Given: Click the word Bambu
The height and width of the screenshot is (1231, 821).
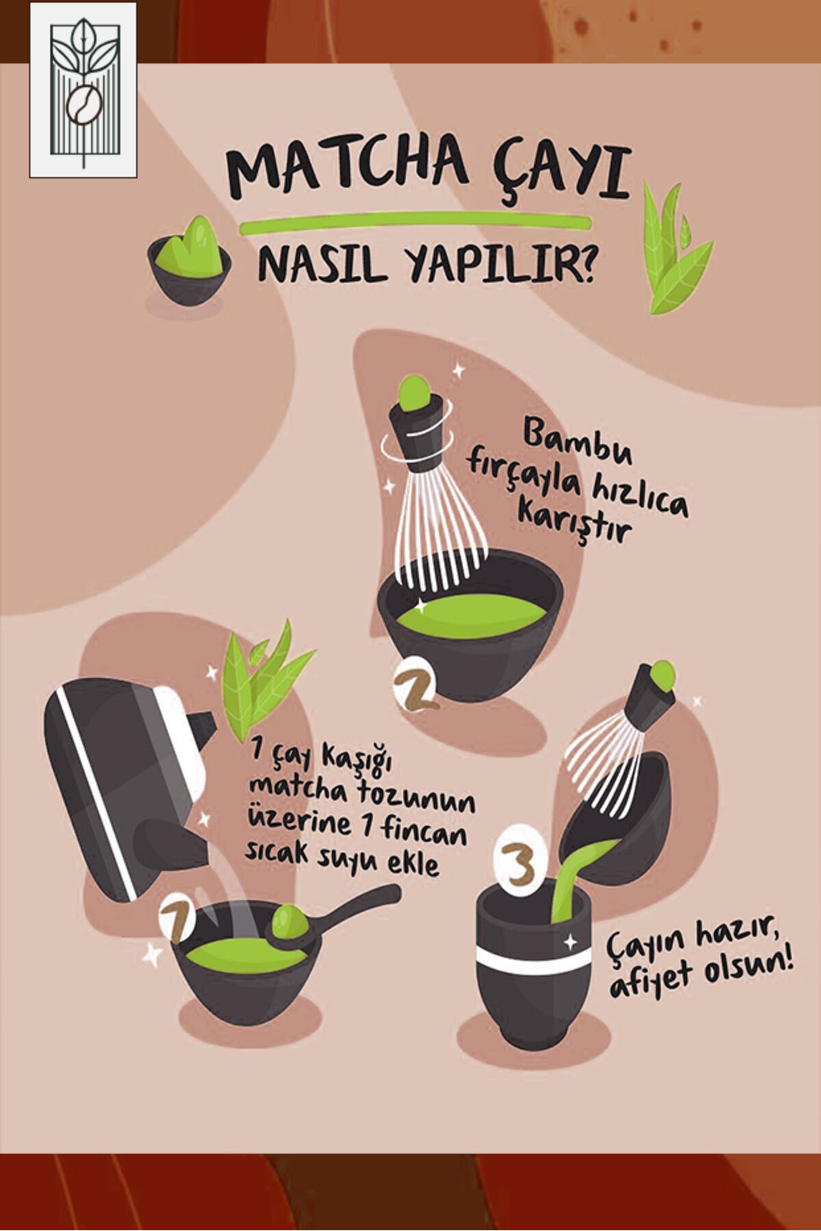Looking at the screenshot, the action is [577, 444].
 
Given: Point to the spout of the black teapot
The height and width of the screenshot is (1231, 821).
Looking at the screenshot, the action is [201, 728].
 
